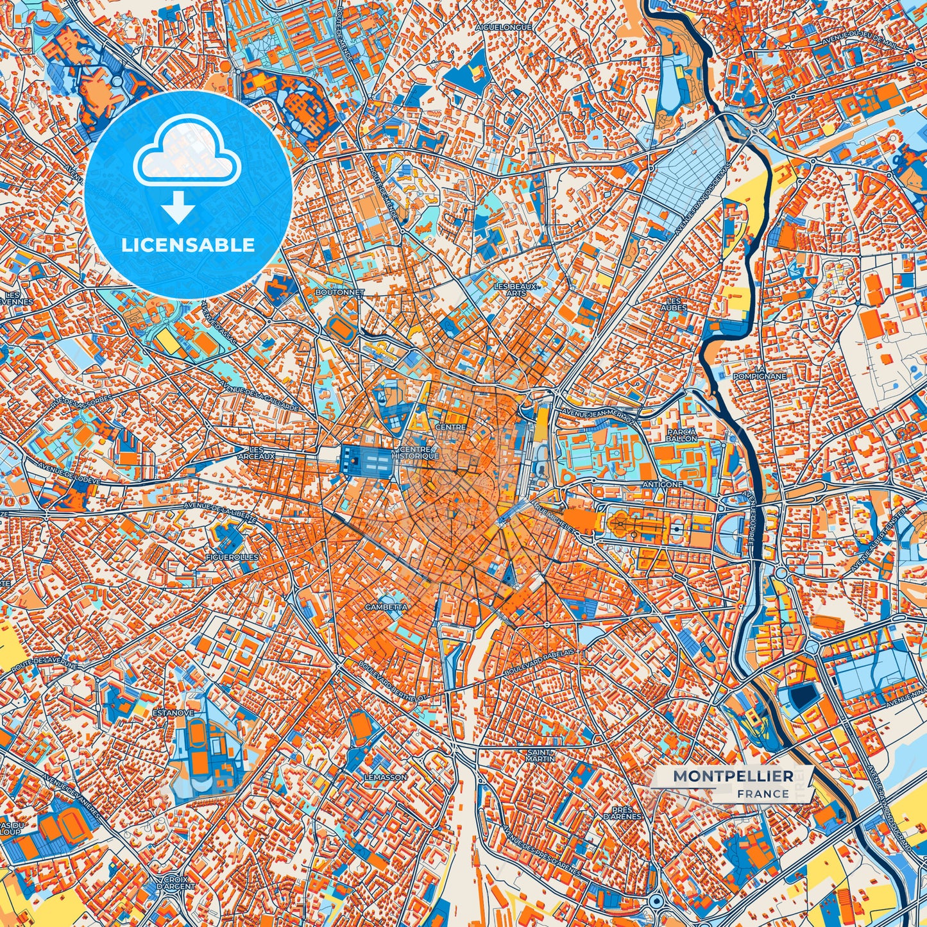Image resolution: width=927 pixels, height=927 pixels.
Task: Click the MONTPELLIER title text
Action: (733, 776)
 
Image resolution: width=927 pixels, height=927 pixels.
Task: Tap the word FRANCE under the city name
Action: (763, 794)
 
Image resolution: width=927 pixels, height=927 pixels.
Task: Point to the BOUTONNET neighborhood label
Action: (340, 292)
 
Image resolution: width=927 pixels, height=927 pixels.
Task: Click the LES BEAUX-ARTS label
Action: (516, 289)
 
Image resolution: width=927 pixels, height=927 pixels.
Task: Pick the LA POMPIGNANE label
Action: (760, 373)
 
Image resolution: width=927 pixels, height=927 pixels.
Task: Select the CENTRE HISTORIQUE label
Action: (420, 453)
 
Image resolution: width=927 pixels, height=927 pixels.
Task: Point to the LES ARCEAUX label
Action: (256, 453)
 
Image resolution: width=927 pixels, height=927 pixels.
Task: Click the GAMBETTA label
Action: (386, 606)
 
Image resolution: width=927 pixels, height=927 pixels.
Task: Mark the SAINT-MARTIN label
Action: (540, 756)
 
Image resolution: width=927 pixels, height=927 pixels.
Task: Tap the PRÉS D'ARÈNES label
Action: (622, 813)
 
